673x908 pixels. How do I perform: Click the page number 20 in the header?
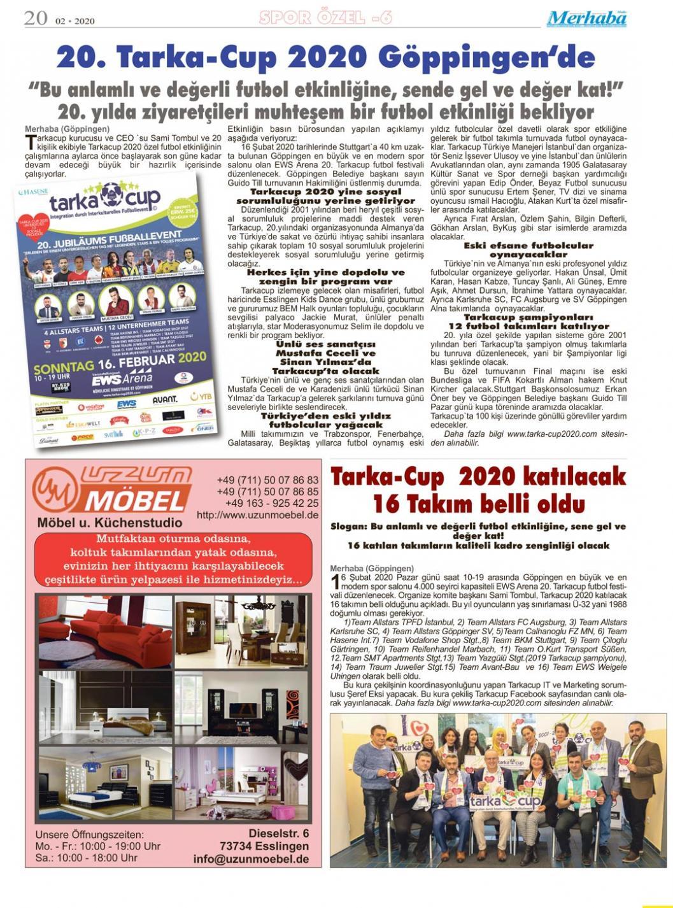tap(36, 18)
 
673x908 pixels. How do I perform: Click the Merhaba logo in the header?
tap(586, 18)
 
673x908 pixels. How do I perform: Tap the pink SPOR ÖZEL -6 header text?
tap(325, 18)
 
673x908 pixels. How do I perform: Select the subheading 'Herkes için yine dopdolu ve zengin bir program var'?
tap(325, 276)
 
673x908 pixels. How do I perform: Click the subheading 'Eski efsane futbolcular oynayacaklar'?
tap(528, 250)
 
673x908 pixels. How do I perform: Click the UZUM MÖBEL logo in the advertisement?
tap(113, 489)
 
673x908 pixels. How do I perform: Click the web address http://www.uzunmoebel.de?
tap(258, 515)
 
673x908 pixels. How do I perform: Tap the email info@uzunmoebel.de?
tap(251, 859)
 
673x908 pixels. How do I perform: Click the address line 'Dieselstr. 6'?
tap(278, 834)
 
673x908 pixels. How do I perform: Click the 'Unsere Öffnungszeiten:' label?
tap(90, 834)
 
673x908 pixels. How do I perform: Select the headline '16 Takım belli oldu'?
tap(479, 504)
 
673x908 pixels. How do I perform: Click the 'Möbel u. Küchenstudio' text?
tap(110, 523)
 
